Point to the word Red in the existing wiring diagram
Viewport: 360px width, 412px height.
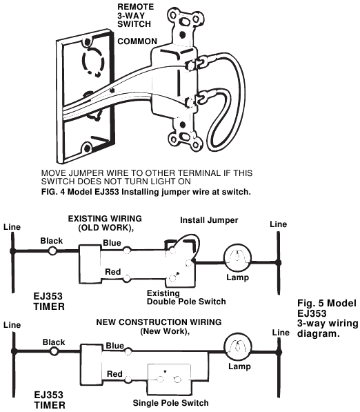click(x=112, y=272)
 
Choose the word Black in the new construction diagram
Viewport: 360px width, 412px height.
click(x=53, y=342)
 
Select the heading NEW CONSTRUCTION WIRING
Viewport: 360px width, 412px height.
click(x=169, y=322)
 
